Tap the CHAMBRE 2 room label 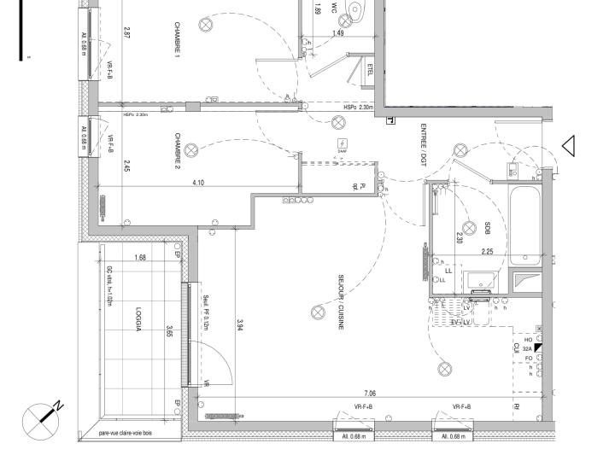[x=178, y=151]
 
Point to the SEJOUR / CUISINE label [x=340, y=303]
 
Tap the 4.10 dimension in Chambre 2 [x=198, y=183]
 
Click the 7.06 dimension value [x=370, y=394]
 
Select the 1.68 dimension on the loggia [x=140, y=258]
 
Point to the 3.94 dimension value [x=240, y=324]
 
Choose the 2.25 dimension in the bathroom [x=487, y=252]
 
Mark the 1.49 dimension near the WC [x=338, y=33]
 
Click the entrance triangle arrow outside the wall [x=567, y=146]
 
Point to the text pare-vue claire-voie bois [x=126, y=434]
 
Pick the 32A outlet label [x=527, y=349]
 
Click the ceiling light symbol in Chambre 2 [x=191, y=150]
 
